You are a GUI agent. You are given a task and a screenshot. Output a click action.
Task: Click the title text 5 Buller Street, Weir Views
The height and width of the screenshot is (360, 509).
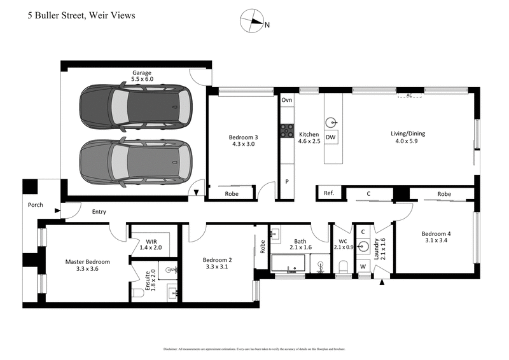coord(81,15)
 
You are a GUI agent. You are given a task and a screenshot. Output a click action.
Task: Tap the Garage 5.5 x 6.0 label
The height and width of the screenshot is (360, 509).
coord(143,76)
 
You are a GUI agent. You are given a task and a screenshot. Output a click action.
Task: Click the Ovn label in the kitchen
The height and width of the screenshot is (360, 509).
coord(286,100)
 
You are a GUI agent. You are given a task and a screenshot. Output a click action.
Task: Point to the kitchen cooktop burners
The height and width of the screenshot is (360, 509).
coord(286,131)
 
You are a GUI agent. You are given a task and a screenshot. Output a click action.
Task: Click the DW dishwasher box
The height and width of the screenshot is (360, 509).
coord(331,137)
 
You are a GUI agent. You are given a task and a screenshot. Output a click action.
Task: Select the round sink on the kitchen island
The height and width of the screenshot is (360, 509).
coord(331,122)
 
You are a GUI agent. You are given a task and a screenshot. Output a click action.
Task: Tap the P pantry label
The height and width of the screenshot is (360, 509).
coord(286,181)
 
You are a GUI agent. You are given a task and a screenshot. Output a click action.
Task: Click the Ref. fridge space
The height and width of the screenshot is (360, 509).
coord(329,193)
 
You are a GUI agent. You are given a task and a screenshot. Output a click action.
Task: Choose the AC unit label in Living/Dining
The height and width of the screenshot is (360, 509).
coord(409,96)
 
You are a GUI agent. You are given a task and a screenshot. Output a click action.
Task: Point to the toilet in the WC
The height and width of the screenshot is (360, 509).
coord(342,265)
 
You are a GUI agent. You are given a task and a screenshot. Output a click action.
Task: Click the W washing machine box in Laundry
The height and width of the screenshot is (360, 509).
coord(363,266)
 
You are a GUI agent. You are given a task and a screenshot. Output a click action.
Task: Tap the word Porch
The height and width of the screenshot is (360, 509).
coord(35,205)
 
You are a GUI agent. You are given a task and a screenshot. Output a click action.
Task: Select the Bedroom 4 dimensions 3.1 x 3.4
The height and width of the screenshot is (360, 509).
coord(436,241)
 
